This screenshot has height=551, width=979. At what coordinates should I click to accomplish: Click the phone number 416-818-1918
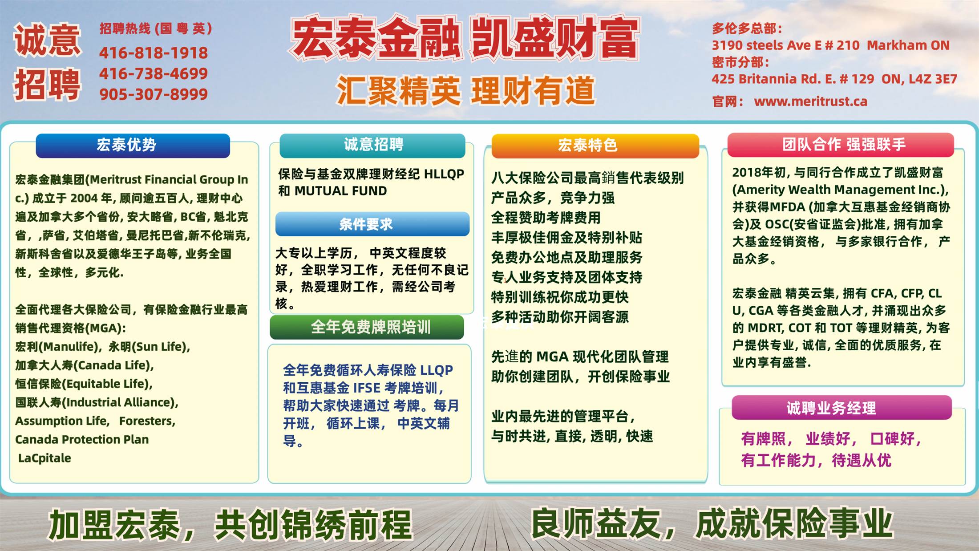point(154,53)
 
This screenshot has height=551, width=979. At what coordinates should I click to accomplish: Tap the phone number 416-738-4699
point(154,73)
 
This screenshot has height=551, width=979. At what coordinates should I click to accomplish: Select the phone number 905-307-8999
point(154,94)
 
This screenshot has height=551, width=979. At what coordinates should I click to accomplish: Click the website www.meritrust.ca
point(810,101)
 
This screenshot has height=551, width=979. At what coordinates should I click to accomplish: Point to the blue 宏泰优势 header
point(133,145)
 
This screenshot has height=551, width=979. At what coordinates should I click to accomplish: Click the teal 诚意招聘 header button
point(372,145)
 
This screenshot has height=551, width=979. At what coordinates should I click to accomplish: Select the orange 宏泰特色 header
point(595,146)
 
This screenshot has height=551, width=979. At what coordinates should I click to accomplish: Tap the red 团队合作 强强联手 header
point(841,145)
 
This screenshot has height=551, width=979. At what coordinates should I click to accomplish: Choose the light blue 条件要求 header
point(372,224)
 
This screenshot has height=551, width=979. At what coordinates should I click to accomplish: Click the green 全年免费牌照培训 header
point(367,327)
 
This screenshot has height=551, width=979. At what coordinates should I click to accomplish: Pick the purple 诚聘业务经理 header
point(842,408)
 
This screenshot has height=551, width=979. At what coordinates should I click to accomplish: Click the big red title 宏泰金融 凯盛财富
point(465,39)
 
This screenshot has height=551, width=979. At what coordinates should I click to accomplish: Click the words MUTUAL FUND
point(341,191)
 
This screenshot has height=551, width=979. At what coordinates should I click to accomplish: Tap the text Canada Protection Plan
point(82,439)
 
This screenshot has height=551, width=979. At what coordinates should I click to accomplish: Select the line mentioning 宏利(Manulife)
point(103,347)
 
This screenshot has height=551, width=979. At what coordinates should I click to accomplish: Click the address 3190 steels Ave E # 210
point(785,45)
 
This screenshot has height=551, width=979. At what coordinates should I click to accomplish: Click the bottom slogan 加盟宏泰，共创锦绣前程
point(231,525)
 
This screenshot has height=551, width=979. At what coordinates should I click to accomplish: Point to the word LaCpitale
point(44,458)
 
